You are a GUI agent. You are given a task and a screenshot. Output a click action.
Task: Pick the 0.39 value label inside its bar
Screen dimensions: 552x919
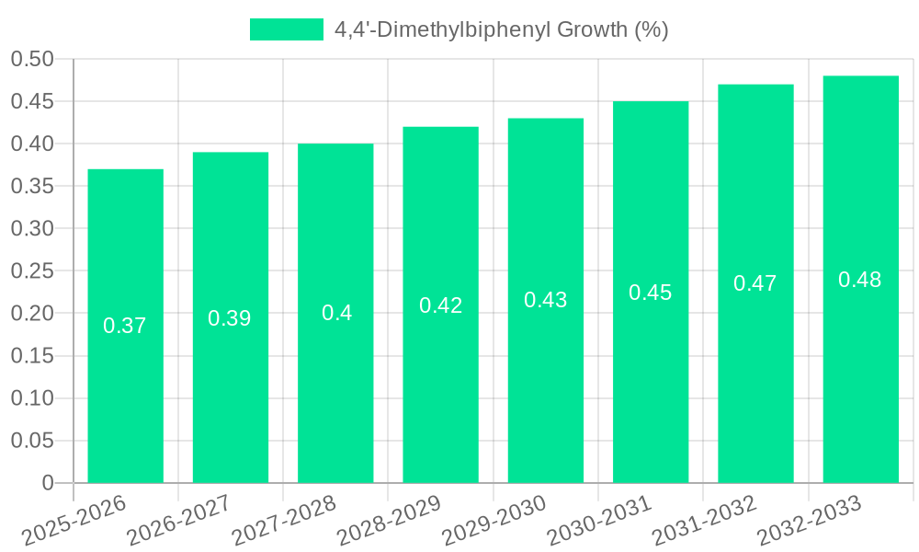[230, 318]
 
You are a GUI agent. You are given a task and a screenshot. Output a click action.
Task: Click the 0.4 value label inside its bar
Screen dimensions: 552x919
[336, 313]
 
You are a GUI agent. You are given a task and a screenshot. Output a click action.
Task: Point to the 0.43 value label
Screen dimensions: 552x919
[546, 300]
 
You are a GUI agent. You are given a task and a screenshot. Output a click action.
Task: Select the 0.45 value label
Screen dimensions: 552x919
[651, 293]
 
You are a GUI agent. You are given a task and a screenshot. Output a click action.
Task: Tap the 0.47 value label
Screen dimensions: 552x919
[755, 283]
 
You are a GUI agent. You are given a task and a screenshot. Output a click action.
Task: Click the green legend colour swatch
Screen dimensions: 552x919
[286, 29]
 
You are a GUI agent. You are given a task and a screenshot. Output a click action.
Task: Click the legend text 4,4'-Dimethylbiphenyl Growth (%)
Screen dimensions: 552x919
[501, 29]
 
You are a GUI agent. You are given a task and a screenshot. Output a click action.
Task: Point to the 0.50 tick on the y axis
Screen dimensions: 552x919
[33, 59]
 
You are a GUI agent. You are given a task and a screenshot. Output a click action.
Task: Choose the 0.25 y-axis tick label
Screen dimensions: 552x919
[33, 271]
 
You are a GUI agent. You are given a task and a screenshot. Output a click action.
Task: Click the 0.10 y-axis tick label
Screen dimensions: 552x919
[33, 398]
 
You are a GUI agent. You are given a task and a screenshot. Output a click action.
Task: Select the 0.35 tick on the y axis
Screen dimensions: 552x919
[33, 187]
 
